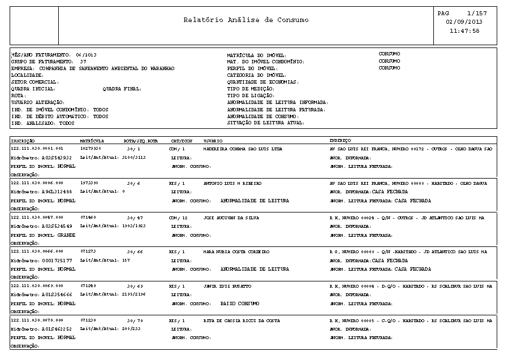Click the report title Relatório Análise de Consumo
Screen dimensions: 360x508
tap(246, 20)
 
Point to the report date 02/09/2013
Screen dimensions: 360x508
tap(464, 22)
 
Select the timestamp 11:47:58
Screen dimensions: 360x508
tap(464, 31)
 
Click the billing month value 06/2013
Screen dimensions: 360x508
tap(87, 55)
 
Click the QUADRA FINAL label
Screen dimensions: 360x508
tap(122, 89)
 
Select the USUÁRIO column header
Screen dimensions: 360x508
tap(213, 140)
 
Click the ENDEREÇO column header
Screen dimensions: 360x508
tap(340, 140)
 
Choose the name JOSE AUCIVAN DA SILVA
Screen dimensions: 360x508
tap(226, 218)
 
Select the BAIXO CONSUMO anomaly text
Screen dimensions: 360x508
tap(239, 303)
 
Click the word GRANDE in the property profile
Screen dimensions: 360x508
tap(66, 235)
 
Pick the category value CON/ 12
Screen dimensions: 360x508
tap(179, 218)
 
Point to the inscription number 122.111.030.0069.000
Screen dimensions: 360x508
tap(37, 287)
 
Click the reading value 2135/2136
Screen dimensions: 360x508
tap(134, 294)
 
